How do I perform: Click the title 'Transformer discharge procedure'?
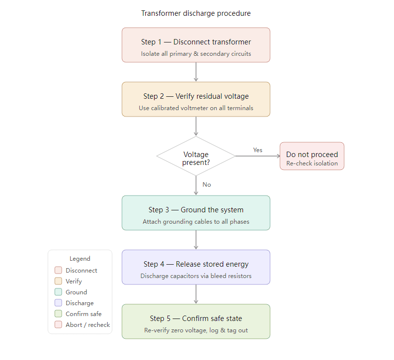point(196,13)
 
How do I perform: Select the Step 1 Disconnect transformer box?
point(196,45)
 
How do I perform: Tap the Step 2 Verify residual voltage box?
point(196,99)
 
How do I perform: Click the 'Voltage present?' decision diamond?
point(196,156)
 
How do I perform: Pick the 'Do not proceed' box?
point(312,156)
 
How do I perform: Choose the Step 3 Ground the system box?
point(196,213)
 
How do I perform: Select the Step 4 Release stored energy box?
point(196,267)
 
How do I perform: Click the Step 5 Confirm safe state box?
point(196,321)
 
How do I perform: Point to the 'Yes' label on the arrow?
point(258,150)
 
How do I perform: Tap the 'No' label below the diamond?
point(206,185)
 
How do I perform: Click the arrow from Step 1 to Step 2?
point(196,72)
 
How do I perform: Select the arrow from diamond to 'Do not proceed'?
point(257,156)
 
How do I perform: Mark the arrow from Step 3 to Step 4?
point(196,240)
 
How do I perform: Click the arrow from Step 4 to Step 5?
point(196,294)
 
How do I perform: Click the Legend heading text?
point(80,259)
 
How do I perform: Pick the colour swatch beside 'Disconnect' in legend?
point(58,271)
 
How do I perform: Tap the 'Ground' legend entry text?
point(76,292)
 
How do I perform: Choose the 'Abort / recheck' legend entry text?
point(87,325)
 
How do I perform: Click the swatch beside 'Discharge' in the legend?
point(58,303)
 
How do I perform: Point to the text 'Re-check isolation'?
point(312,163)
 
